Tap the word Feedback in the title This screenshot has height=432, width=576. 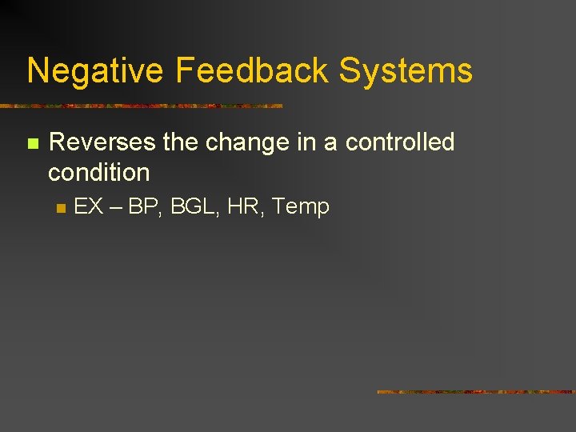click(x=252, y=70)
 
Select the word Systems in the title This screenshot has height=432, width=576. click(x=406, y=70)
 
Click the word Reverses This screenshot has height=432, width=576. click(x=102, y=142)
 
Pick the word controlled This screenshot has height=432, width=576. click(x=400, y=142)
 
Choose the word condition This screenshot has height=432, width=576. click(x=99, y=172)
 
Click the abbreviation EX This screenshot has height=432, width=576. click(x=88, y=206)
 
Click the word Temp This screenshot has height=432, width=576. click(x=301, y=206)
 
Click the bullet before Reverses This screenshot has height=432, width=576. click(x=32, y=144)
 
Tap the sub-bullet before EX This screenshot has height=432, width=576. click(x=59, y=208)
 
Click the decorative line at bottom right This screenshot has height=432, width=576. click(x=476, y=392)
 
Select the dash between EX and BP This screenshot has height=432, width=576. click(x=116, y=207)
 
